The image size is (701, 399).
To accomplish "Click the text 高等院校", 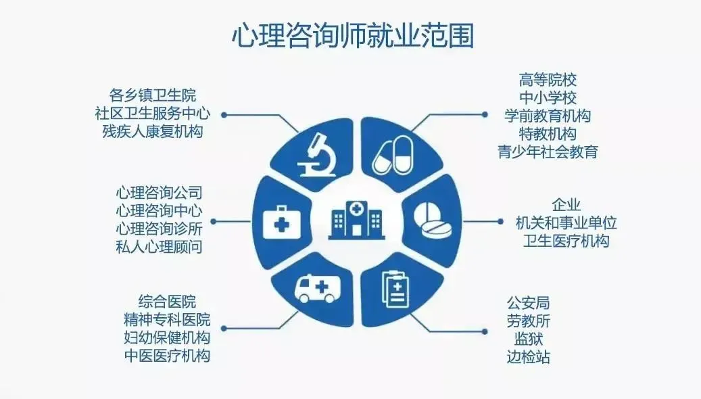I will pyautogui.click(x=548, y=80).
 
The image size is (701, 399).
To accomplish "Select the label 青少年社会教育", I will pyautogui.click(x=548, y=151).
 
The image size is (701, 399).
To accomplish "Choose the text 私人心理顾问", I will pyautogui.click(x=159, y=247).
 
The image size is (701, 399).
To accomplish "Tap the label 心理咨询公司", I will pyautogui.click(x=159, y=193).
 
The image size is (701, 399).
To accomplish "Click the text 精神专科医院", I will pyautogui.click(x=166, y=319).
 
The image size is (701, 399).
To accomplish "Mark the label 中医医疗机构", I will pyautogui.click(x=166, y=355).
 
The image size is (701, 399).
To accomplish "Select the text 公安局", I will pyautogui.click(x=528, y=302).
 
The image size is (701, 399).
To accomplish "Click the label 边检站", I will pyautogui.click(x=528, y=356).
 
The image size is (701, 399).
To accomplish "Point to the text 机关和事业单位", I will pyautogui.click(x=566, y=222).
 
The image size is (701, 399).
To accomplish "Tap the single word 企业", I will pyautogui.click(x=566, y=204).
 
